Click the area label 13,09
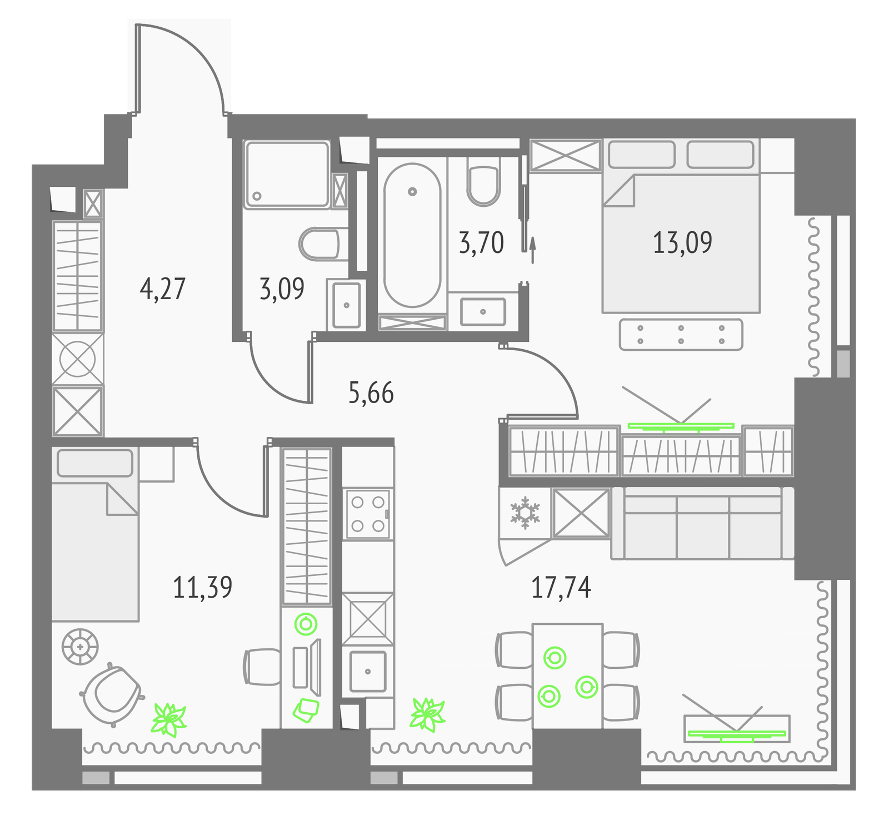point(682,243)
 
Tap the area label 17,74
point(561,588)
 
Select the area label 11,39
point(203,588)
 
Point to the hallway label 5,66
point(371,393)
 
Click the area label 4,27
point(163,289)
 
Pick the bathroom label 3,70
point(481,243)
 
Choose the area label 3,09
point(282,289)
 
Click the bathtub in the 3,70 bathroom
point(412,235)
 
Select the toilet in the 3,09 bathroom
point(319,243)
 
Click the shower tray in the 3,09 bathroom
point(287,175)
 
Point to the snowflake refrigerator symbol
point(525,513)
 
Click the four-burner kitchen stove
point(368,514)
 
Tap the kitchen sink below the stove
point(368,671)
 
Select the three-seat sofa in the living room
point(703,523)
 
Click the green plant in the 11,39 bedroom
point(169,719)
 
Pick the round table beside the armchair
point(81,647)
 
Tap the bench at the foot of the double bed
point(681,335)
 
